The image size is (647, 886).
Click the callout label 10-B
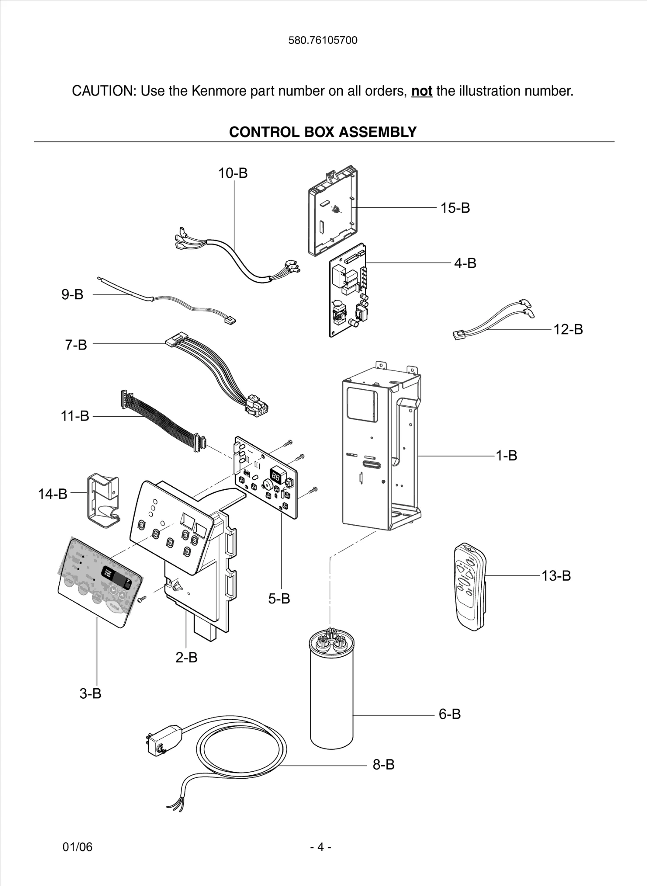pos(233,173)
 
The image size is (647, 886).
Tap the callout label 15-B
pos(455,208)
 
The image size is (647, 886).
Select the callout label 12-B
pos(568,330)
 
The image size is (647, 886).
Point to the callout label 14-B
pos(53,494)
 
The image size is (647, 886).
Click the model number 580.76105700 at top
pos(323,40)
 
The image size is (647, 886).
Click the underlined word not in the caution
pos(422,91)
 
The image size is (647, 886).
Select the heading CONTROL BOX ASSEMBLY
pos(323,132)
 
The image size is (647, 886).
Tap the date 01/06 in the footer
pos(77,847)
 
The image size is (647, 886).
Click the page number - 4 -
pos(321,847)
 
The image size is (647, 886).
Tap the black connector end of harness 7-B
pos(257,407)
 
